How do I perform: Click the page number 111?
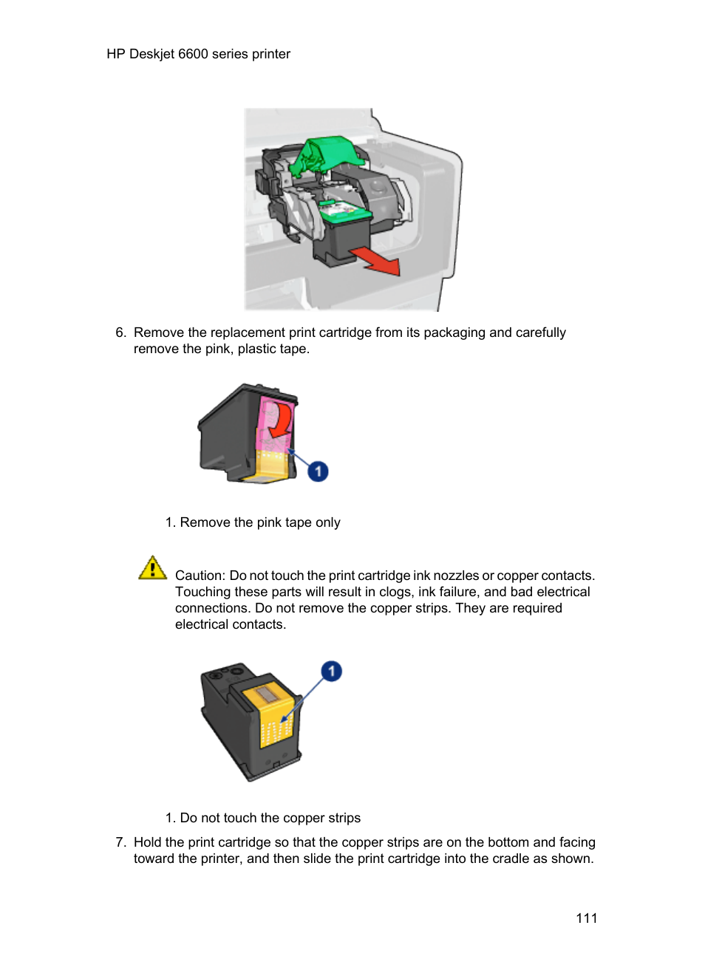[586, 918]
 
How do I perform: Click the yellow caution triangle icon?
[152, 568]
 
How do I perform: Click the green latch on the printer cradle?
[325, 154]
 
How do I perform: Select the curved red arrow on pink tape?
[279, 422]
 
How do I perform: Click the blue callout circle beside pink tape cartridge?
[318, 471]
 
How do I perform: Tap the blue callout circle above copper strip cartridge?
[331, 671]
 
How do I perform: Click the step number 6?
[120, 332]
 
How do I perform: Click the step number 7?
[120, 842]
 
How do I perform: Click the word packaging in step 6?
[454, 332]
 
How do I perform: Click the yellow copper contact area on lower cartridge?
[275, 720]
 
